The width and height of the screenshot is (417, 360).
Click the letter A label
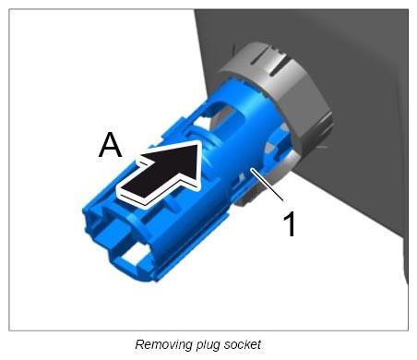[x=110, y=145]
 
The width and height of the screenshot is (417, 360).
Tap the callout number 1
[x=290, y=224]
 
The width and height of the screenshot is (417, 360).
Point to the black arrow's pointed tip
[x=197, y=141]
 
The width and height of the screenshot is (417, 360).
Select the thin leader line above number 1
[x=268, y=185]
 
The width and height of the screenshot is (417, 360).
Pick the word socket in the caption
[x=243, y=344]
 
